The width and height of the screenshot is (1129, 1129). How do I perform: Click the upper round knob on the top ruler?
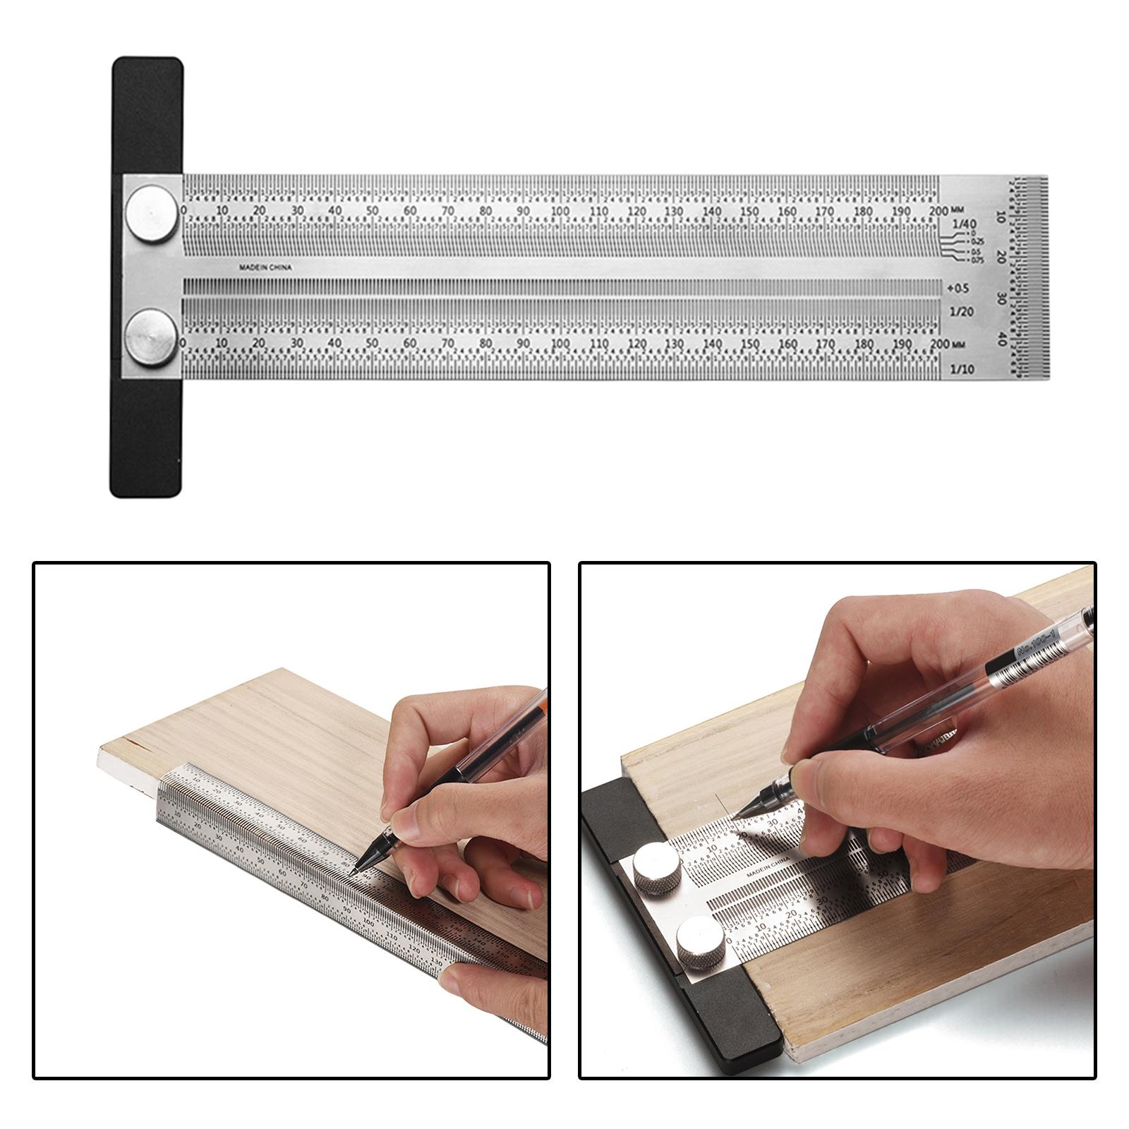click(152, 214)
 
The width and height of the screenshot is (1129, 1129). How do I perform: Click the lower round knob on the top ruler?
click(152, 337)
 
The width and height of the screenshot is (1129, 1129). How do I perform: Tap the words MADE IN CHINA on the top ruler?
click(265, 267)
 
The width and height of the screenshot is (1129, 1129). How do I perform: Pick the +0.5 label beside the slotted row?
click(958, 288)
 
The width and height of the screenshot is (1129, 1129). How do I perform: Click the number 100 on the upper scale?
click(560, 211)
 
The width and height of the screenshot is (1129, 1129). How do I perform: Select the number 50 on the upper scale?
click(372, 211)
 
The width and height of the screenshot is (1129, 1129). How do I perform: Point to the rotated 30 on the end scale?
click(1001, 298)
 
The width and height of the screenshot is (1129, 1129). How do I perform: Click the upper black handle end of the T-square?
click(147, 113)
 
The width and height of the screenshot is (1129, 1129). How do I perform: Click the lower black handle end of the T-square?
click(146, 441)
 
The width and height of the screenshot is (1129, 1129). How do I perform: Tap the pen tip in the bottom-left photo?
click(352, 874)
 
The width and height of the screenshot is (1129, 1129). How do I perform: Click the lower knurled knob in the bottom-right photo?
click(700, 942)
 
